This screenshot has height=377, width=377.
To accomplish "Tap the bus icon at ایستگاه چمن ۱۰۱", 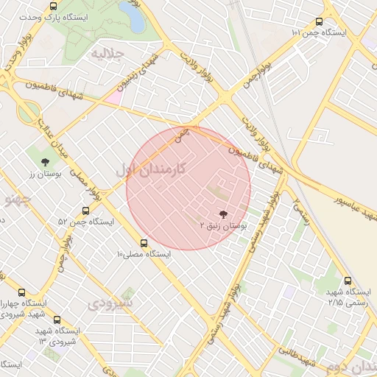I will click(319, 22).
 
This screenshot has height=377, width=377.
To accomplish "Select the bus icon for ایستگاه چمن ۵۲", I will click(85, 211).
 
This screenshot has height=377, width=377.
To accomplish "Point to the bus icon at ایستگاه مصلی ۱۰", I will click(143, 242).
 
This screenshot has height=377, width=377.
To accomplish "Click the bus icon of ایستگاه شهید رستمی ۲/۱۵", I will click(348, 280).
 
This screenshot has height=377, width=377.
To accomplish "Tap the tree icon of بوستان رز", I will click(46, 161).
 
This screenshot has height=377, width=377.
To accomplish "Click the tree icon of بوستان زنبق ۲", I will click(222, 214).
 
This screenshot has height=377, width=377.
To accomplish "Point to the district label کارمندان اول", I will click(161, 169).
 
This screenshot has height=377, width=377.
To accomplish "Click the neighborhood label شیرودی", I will click(111, 302).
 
